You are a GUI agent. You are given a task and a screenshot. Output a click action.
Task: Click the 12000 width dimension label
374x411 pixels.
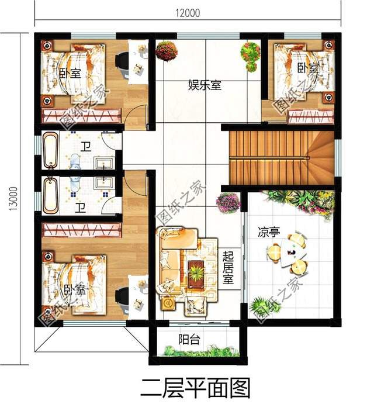coord(188,13)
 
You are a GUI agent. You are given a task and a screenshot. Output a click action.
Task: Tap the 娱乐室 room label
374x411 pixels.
coord(205,85)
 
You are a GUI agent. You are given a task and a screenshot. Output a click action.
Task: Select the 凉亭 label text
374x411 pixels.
coord(269,232)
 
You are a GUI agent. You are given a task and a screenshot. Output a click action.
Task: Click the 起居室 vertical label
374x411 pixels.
coord(228,267)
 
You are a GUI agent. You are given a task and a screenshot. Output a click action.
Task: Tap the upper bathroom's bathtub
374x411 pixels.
coord(50,150)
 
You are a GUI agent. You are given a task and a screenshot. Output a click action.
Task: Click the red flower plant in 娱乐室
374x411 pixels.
coord(166,51)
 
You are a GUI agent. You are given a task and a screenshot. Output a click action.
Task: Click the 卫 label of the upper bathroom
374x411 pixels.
coord(85,147)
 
